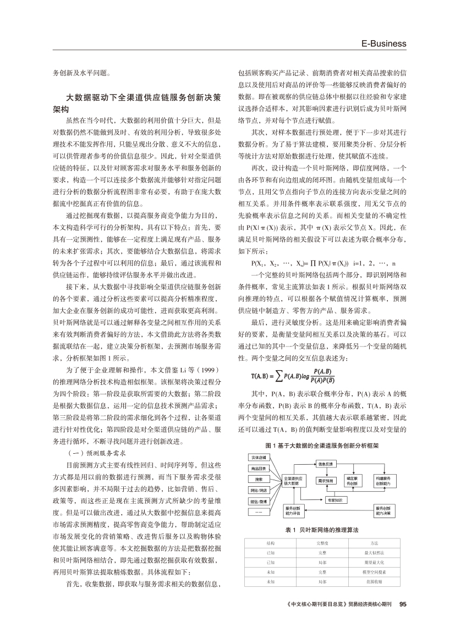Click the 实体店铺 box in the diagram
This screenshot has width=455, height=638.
pyautogui.click(x=259, y=458)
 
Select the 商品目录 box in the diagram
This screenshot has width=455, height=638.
pyautogui.click(x=259, y=468)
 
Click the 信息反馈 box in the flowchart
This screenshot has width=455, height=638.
pyautogui.click(x=326, y=464)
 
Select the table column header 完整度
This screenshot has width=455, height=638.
pyautogui.click(x=322, y=543)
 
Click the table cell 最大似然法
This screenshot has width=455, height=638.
pyautogui.click(x=374, y=552)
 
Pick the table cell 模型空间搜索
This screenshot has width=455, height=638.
pyautogui.click(x=374, y=571)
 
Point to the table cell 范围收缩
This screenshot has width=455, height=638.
pyautogui.click(x=374, y=581)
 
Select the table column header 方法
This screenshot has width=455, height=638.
pyautogui.click(x=374, y=543)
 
